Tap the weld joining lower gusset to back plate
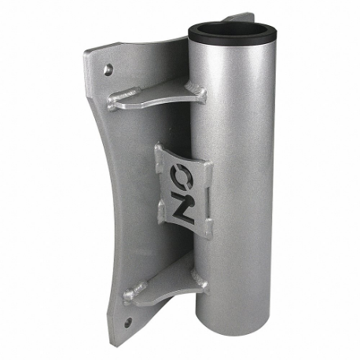(x=134, y=296)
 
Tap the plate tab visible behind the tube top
(x=241, y=17)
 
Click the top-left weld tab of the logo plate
(x=160, y=149)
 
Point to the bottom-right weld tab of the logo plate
(x=206, y=229)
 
